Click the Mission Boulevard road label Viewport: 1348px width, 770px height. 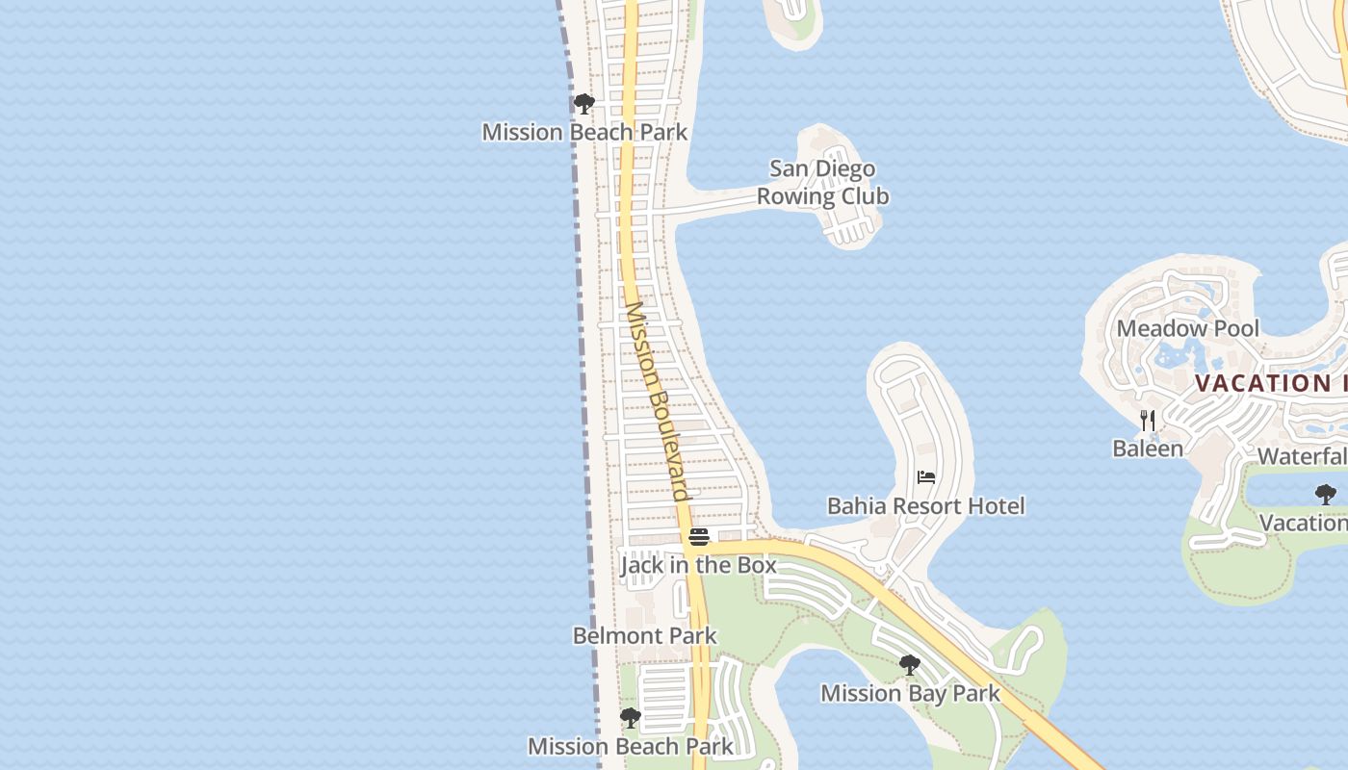tap(657, 402)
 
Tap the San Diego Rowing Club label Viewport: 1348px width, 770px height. tap(822, 183)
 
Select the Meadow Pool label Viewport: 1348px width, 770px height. tap(1187, 328)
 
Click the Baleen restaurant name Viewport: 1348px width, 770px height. tap(1147, 449)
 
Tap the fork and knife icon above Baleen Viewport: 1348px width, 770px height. tap(1147, 421)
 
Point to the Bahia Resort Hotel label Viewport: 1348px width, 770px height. tap(925, 506)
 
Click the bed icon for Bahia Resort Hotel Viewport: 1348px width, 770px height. tap(926, 476)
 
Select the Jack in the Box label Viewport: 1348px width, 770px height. tap(698, 565)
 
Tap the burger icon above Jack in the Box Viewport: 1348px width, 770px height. tap(699, 537)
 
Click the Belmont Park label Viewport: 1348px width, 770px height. tap(644, 636)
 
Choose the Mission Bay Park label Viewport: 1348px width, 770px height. tap(910, 693)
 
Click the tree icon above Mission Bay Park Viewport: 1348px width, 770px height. tap(909, 665)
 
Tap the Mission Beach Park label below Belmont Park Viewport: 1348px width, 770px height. tap(630, 746)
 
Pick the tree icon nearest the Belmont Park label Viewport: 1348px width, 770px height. tap(630, 718)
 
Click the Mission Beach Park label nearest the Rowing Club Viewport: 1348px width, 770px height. tap(584, 132)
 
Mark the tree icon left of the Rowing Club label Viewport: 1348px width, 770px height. tap(583, 104)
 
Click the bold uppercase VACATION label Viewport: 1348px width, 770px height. tap(1270, 383)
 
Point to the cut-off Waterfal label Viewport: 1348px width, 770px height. tap(1302, 456)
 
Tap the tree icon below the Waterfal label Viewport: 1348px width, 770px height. tap(1325, 495)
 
